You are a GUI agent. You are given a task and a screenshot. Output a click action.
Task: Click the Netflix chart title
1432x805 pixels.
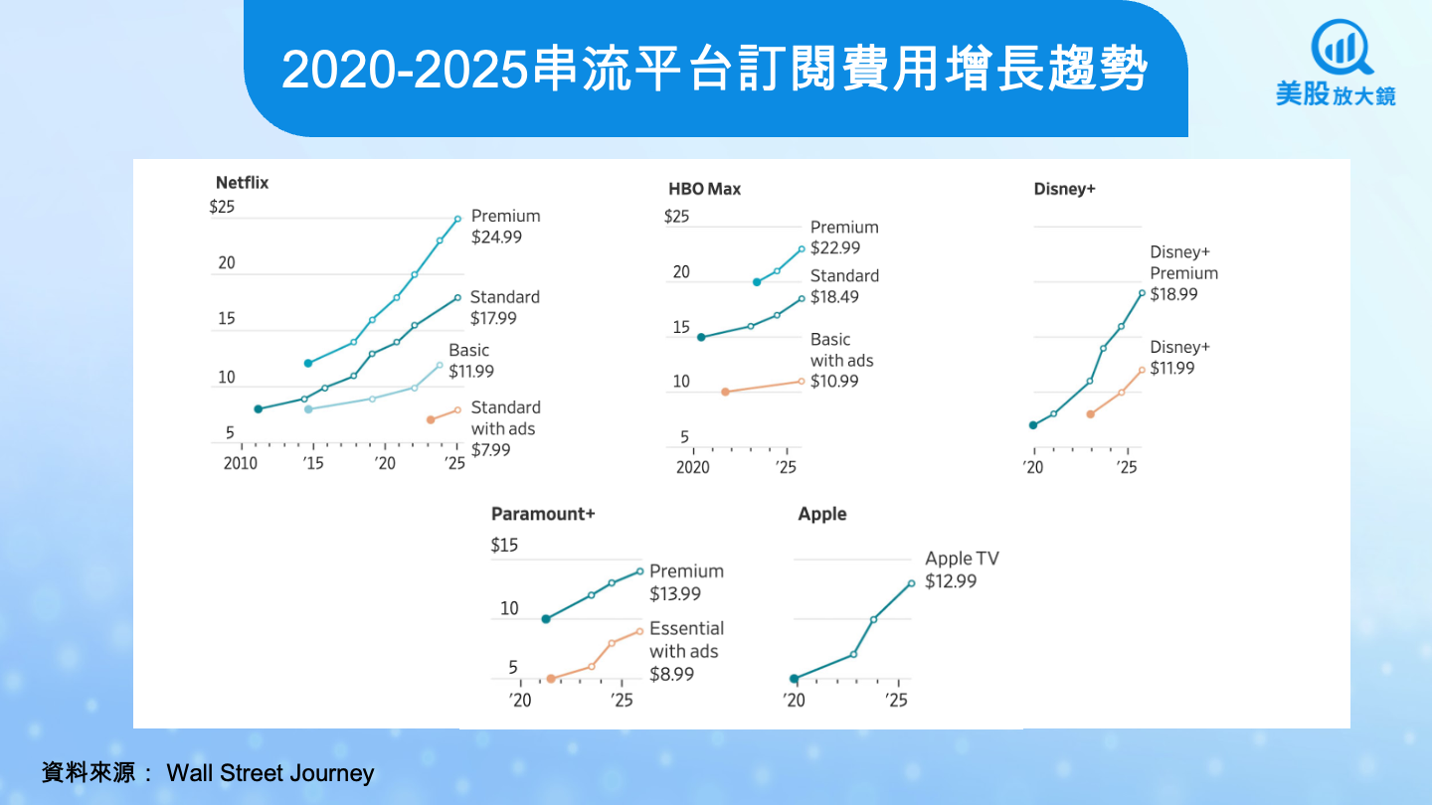[x=242, y=183]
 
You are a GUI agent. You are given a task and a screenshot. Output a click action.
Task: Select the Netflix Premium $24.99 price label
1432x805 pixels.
[x=505, y=227]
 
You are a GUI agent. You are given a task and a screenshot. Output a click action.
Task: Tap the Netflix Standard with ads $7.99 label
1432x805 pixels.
[x=505, y=428]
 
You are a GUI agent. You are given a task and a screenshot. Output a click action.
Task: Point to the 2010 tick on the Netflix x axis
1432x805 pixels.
[x=240, y=464]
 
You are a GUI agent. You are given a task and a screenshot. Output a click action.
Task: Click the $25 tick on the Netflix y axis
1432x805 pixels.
[x=222, y=208]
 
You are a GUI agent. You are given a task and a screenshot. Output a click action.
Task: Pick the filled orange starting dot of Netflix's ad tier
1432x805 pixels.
[x=431, y=419]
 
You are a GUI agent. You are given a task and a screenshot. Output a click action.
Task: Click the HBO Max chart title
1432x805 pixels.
[x=704, y=189]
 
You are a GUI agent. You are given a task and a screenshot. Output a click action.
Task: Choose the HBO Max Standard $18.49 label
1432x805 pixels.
[x=844, y=286]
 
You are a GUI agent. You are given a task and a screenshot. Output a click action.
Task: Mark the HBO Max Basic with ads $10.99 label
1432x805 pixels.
[x=841, y=360]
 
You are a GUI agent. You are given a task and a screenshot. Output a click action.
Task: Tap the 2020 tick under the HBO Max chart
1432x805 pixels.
[x=692, y=467]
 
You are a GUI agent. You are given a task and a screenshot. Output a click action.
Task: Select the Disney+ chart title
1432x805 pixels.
[x=1064, y=189]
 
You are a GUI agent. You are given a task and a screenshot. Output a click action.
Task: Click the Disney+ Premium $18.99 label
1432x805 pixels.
[x=1183, y=273]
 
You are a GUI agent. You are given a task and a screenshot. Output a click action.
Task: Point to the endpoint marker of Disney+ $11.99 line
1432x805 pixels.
[x=1142, y=370]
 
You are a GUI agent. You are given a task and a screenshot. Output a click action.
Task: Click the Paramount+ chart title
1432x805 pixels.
[x=542, y=514]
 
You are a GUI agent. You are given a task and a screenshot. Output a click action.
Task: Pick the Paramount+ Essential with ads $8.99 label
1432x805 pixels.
[x=686, y=651]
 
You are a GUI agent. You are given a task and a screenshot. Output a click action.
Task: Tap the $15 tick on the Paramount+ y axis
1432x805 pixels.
[x=504, y=546]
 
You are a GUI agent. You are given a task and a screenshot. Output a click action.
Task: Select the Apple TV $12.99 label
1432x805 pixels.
[x=962, y=569]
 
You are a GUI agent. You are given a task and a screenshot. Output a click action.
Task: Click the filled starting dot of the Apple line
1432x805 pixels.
[x=794, y=679]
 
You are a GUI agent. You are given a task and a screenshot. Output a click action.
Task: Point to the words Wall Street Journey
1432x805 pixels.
[x=269, y=773]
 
